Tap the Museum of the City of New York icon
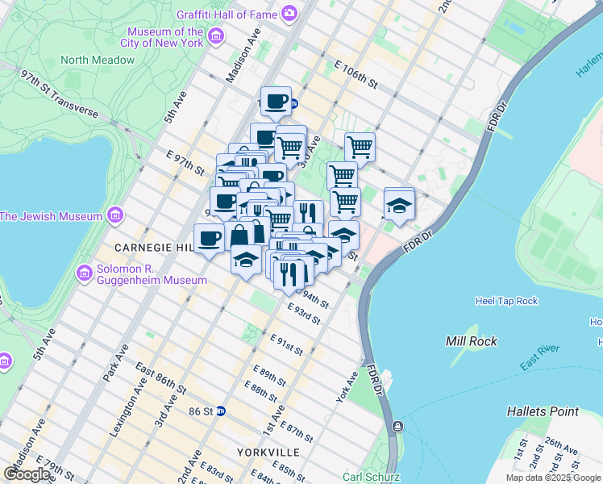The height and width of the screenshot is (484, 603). click(215, 36)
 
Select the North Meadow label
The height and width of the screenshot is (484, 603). click(97, 60)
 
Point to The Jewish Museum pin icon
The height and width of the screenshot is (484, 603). click(115, 216)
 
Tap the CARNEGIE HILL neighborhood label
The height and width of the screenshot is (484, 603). click(152, 247)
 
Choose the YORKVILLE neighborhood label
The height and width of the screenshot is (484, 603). click(268, 452)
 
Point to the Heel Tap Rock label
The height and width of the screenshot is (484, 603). click(506, 301)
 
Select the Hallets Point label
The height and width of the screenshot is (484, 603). click(543, 411)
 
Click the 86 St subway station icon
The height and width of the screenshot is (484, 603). click(220, 411)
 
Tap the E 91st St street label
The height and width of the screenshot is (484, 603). click(287, 344)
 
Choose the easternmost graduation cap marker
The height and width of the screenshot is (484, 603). click(398, 203)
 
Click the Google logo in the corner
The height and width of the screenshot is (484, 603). click(27, 474)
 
